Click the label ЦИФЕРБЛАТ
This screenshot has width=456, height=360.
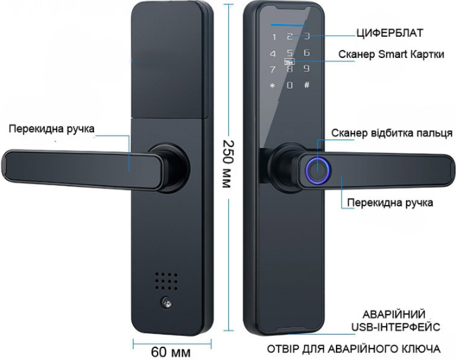pyautogui.click(x=390, y=33)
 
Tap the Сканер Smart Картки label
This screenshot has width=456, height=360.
pyautogui.click(x=392, y=54)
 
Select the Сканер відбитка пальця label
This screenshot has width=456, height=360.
pyautogui.click(x=392, y=133)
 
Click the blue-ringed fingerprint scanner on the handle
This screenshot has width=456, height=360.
pyautogui.click(x=318, y=171)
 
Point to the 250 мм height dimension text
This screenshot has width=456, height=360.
pyautogui.click(x=228, y=164)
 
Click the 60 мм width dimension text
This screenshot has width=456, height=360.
pyautogui.click(x=170, y=352)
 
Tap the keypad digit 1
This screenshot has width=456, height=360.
pyautogui.click(x=274, y=37)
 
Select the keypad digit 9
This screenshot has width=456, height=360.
pyautogui.click(x=307, y=69)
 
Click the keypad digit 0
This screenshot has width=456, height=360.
pyautogui.click(x=290, y=86)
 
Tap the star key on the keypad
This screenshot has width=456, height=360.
pyautogui.click(x=272, y=86)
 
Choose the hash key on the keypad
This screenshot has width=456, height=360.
pyautogui.click(x=307, y=85)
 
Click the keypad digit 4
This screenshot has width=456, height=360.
pyautogui.click(x=273, y=54)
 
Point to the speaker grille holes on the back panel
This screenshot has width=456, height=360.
pyautogui.click(x=166, y=281)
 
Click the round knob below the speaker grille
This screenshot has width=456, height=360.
pyautogui.click(x=166, y=302)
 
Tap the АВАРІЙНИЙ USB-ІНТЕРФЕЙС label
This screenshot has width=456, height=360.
pyautogui.click(x=395, y=320)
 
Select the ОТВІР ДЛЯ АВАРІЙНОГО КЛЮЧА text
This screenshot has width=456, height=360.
pyautogui.click(x=353, y=349)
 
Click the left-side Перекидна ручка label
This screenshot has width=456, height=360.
pyautogui.click(x=52, y=129)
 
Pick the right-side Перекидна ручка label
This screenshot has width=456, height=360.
pyautogui.click(x=390, y=202)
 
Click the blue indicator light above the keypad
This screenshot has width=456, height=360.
pyautogui.click(x=288, y=25)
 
